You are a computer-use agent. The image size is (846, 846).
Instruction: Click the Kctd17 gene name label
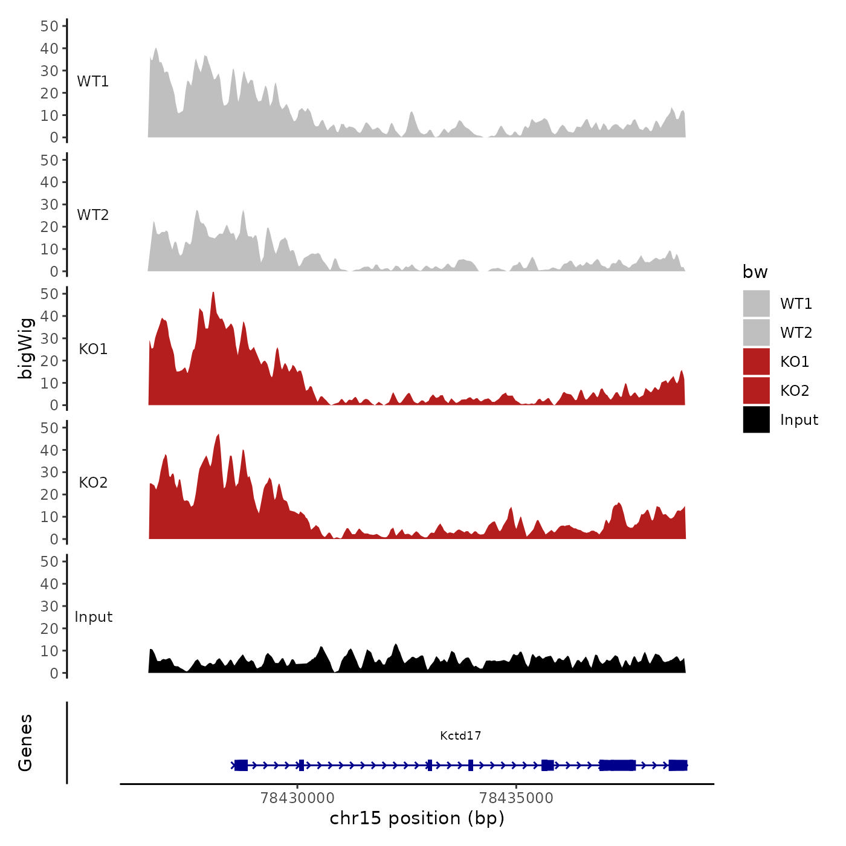tap(460, 735)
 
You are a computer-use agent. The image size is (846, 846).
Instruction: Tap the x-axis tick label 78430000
tap(297, 798)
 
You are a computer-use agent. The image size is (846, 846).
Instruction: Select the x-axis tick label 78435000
tap(516, 798)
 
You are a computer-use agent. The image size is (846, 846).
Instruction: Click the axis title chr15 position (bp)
tap(417, 818)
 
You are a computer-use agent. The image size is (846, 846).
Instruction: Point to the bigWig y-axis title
tap(25, 348)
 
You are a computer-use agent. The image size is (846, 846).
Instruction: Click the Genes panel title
tap(25, 743)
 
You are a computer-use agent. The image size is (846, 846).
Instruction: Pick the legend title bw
tap(755, 272)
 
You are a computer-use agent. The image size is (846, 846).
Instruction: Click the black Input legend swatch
tap(756, 419)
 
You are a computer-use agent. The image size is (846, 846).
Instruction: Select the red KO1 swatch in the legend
tap(756, 361)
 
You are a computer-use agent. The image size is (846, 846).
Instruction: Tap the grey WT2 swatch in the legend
tap(756, 332)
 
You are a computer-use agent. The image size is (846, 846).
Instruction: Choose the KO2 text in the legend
tap(795, 390)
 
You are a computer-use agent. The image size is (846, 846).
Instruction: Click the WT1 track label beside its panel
tap(93, 81)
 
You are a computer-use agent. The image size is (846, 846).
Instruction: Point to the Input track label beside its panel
tap(94, 616)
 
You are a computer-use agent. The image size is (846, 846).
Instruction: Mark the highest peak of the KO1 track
tap(213, 293)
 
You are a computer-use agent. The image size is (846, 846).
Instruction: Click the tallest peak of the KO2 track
tap(218, 434)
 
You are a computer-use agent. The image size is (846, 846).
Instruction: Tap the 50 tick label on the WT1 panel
tap(50, 26)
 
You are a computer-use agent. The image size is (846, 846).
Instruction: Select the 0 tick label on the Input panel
tap(54, 673)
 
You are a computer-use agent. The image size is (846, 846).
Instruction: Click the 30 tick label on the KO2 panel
tap(50, 472)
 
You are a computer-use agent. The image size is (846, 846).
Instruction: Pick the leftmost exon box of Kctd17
tap(241, 765)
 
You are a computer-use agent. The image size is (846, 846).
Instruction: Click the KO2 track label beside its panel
tap(93, 482)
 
